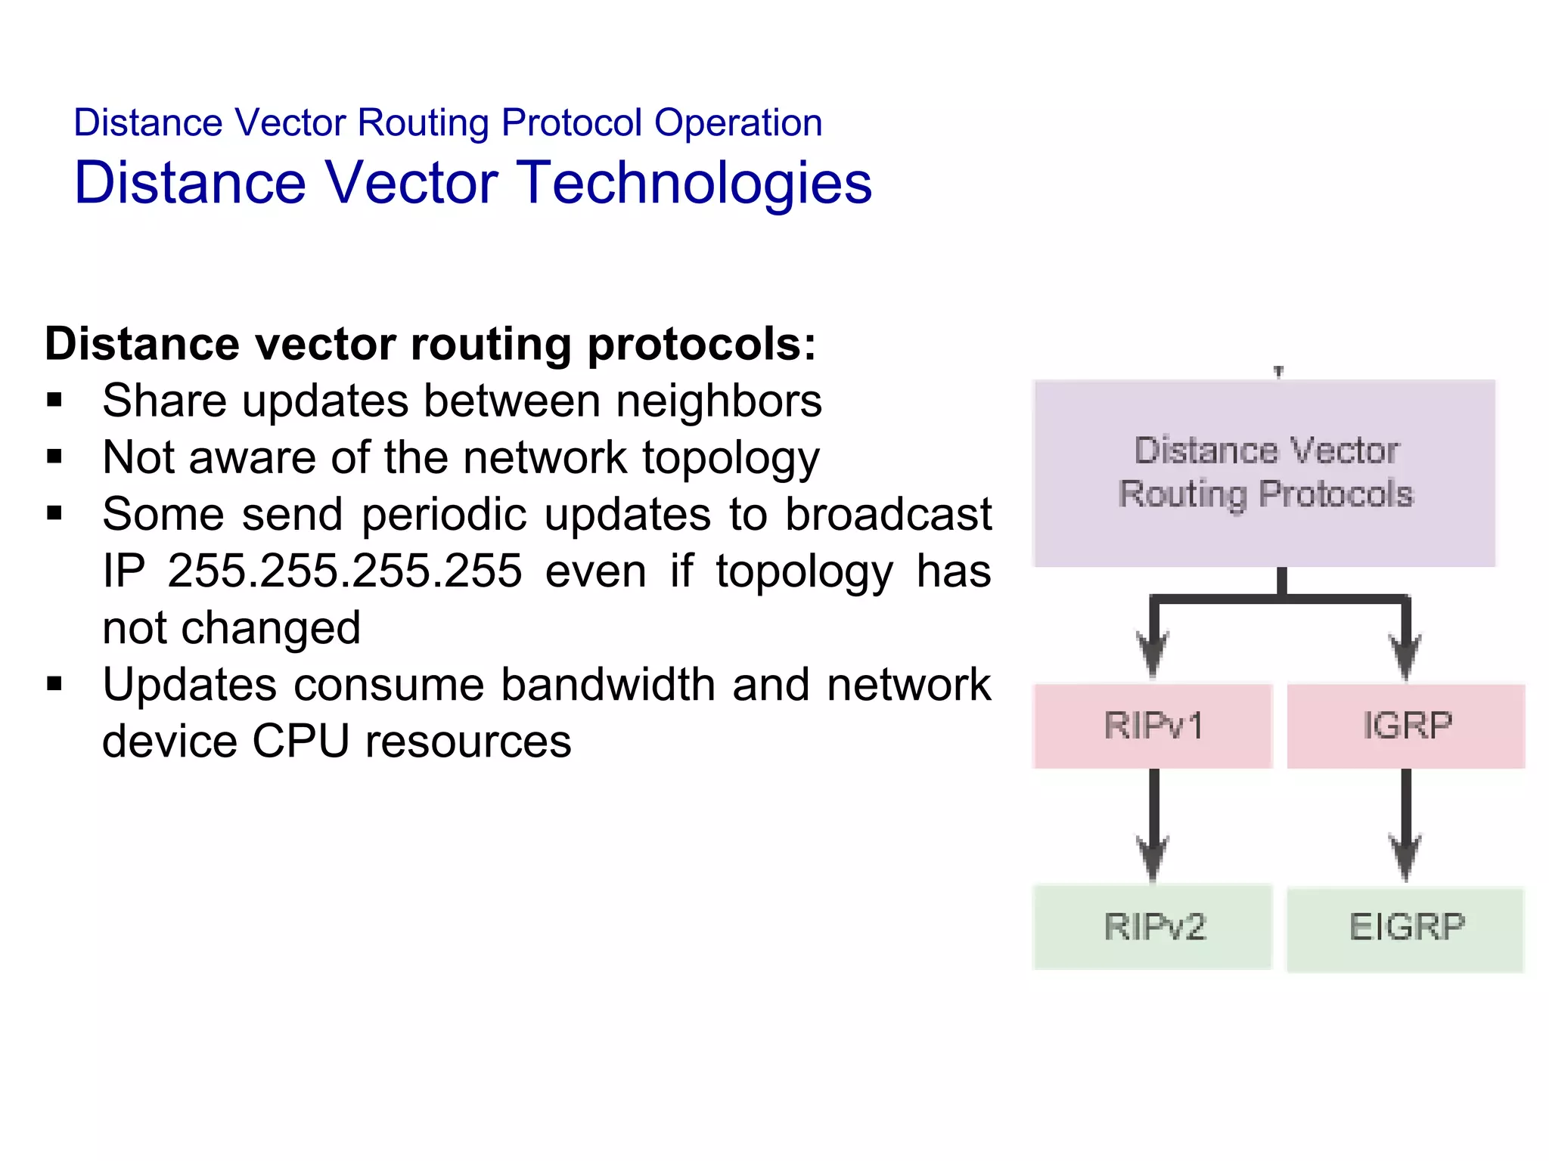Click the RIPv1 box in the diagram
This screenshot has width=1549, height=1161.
click(1153, 726)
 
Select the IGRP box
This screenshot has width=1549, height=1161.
click(1406, 726)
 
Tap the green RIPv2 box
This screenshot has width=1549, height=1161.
click(1153, 927)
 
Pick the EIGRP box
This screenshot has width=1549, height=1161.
click(1405, 928)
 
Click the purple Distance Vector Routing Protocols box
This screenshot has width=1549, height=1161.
click(1265, 473)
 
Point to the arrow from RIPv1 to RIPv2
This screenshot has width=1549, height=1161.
click(1153, 824)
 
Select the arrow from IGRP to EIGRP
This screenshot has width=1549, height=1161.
click(1405, 824)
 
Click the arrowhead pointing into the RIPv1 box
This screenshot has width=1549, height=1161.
click(1153, 655)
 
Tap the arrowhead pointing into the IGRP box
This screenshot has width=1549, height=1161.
click(1405, 655)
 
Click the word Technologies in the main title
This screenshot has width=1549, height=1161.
click(696, 184)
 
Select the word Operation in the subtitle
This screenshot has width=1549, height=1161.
click(738, 123)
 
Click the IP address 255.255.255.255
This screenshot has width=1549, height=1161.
click(345, 571)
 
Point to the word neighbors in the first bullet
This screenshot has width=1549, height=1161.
click(719, 401)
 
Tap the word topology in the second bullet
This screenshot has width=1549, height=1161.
click(731, 459)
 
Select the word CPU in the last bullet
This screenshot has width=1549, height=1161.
click(300, 741)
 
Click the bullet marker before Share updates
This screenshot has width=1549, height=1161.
click(54, 401)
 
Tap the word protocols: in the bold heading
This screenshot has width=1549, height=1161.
click(702, 345)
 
